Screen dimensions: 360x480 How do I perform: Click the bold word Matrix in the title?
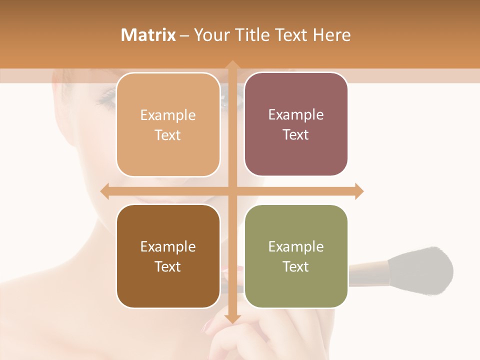pyautogui.click(x=148, y=35)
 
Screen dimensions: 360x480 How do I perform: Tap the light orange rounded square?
pyautogui.click(x=168, y=124)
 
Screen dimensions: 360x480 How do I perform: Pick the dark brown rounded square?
pyautogui.click(x=168, y=256)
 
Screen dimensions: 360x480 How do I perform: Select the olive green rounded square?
pyautogui.click(x=296, y=256)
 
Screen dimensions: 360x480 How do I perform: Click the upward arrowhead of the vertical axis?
pyautogui.click(x=232, y=65)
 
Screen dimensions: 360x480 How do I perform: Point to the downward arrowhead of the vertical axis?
pyautogui.click(x=232, y=318)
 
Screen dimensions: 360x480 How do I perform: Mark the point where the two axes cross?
pyautogui.click(x=232, y=191)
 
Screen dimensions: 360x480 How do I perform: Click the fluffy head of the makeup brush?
pyautogui.click(x=425, y=270)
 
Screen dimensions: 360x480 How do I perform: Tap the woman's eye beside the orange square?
pyautogui.click(x=106, y=97)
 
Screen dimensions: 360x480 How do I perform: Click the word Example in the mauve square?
pyautogui.click(x=296, y=114)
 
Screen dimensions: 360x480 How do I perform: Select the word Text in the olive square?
pyautogui.click(x=296, y=266)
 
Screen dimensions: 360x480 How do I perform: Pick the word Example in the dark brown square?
pyautogui.click(x=168, y=246)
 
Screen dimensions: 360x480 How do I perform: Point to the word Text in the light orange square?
pyautogui.click(x=168, y=135)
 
